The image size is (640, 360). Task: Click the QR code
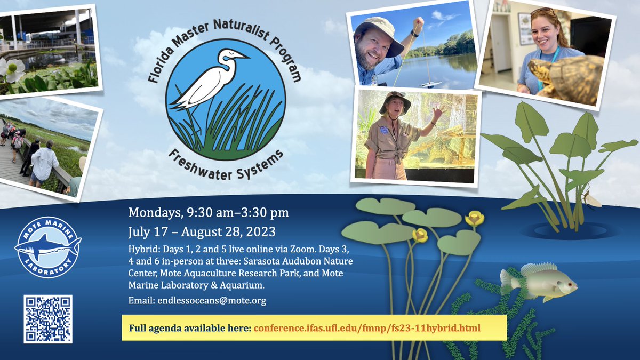(x=48, y=318)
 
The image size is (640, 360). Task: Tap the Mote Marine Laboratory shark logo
(x=48, y=247)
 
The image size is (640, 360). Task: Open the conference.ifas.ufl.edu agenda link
(x=367, y=327)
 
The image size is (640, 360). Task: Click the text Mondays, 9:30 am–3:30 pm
(x=209, y=213)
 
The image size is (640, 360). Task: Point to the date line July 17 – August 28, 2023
(x=202, y=232)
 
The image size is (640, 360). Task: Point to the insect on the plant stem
(x=591, y=200)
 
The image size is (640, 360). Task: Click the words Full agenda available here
(x=190, y=327)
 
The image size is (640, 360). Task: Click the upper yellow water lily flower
(x=474, y=218)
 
